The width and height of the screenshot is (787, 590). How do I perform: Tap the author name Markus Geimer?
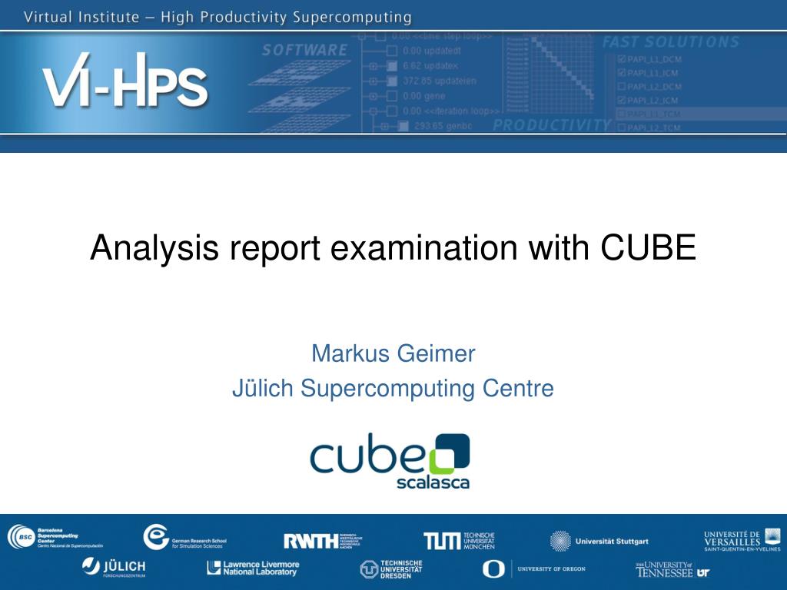pos(393,353)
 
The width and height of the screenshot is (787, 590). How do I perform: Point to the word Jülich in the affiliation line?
pos(263,389)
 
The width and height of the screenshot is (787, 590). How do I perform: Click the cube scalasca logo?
pos(390,461)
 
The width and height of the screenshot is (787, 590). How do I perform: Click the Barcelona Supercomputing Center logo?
pos(55,537)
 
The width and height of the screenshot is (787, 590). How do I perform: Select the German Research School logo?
pos(184,537)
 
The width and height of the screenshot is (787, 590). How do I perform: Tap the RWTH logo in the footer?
pos(322,540)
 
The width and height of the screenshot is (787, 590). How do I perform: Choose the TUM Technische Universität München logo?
pos(459,540)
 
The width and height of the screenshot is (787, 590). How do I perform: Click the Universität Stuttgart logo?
pos(599,541)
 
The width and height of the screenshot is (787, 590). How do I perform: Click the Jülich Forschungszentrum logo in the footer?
pos(114,568)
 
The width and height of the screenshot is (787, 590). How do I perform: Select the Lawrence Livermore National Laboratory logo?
pos(253,568)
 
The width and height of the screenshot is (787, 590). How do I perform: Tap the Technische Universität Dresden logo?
pos(391,569)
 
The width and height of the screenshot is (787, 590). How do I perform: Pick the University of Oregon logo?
pos(533,568)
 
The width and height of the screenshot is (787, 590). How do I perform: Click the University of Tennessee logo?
pos(672,569)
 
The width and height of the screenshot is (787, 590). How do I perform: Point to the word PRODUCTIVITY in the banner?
pos(551,125)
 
